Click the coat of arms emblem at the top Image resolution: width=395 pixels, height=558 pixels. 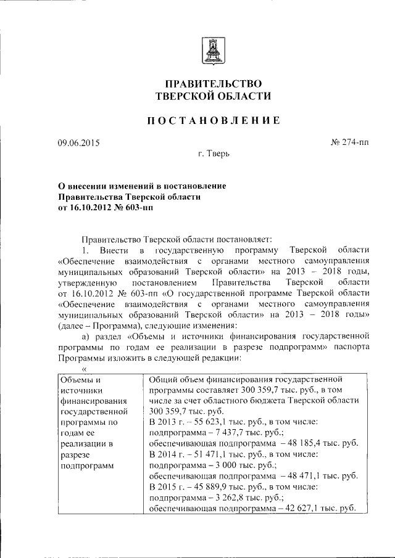212,50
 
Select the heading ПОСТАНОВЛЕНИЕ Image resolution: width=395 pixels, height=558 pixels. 213,121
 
